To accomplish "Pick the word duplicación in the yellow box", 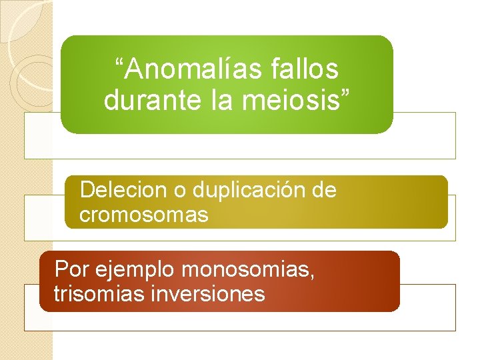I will point(249,190).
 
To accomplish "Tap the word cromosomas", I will point(144,215).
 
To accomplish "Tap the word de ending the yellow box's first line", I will point(324,190).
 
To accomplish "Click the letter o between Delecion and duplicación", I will point(179,192).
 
